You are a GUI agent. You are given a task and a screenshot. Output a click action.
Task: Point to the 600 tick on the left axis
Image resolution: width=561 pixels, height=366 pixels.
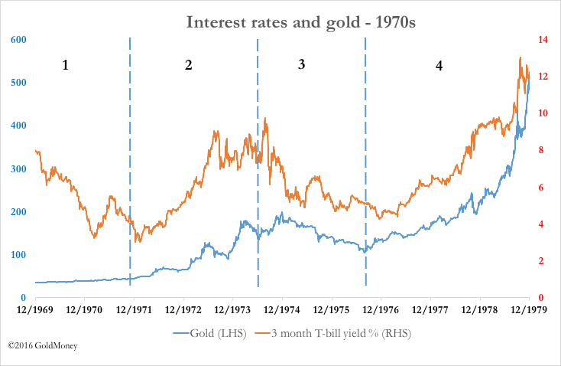[x=18, y=40]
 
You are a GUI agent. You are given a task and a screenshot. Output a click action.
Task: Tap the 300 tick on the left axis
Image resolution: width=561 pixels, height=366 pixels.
[x=18, y=168]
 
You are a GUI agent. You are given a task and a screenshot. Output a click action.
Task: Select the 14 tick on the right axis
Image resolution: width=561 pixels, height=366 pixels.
[x=544, y=40]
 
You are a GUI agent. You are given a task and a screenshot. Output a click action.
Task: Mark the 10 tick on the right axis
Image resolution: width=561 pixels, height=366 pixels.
[x=544, y=113]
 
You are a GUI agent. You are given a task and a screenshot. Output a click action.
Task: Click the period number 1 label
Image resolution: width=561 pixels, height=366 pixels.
[x=66, y=66]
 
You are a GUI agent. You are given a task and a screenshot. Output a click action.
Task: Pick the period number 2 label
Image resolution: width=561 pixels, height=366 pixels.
[x=188, y=66]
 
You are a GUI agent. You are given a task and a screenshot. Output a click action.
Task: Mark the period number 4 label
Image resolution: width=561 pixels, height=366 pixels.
[x=439, y=67]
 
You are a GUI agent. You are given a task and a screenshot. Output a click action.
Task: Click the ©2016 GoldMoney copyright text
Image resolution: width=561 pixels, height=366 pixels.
[x=43, y=346]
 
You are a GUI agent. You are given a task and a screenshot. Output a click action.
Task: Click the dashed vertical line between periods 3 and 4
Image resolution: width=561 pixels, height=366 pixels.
[x=365, y=153]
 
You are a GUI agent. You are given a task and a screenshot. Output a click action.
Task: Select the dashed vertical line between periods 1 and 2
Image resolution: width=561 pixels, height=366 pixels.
[x=130, y=153]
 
